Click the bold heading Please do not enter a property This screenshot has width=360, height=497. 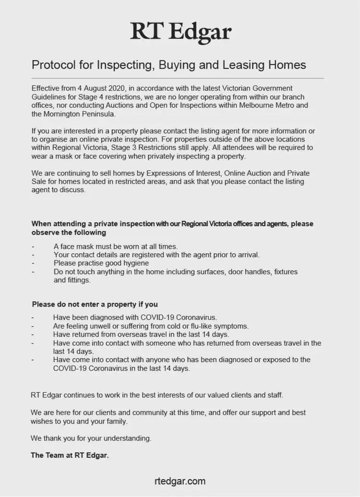[x=95, y=304]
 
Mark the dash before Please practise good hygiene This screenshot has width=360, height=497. [x=33, y=263]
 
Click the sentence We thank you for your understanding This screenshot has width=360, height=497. [x=91, y=438]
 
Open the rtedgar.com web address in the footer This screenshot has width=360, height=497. [x=180, y=481]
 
